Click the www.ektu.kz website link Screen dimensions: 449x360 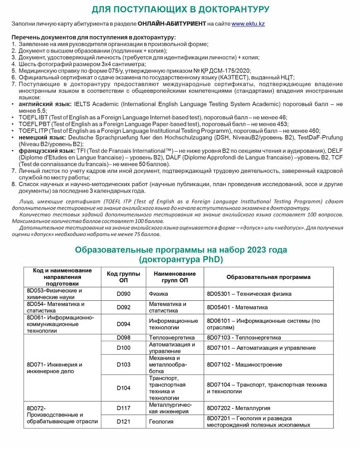pos(248,24)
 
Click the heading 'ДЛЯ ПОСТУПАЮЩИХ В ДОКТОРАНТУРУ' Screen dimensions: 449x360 pos(180,9)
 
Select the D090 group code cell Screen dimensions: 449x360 pos(123,294)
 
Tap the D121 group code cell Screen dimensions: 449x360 pos(123,422)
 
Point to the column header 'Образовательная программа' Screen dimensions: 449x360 pos(268,277)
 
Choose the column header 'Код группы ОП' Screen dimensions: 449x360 pos(123,277)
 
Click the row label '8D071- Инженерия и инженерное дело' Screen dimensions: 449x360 pos(55,368)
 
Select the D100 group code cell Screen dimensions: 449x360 pos(123,348)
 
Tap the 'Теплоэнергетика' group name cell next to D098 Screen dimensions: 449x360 pos(171,338)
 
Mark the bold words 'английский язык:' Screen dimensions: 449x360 pos(42,104)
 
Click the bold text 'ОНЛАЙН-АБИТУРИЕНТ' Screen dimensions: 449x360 pos(171,24)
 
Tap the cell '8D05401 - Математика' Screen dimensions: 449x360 pos(237,307)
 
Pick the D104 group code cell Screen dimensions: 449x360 pos(123,388)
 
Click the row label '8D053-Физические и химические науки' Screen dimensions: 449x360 pos(55,294)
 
